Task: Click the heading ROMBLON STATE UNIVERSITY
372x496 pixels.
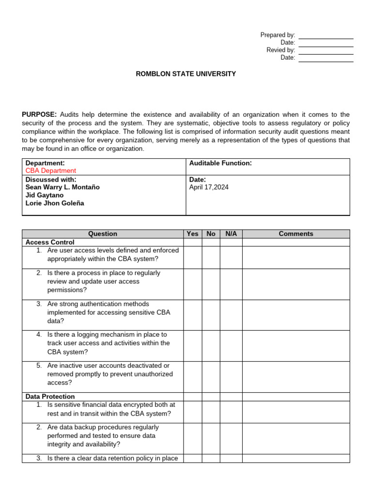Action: [x=186, y=74]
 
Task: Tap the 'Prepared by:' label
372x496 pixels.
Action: [x=278, y=35]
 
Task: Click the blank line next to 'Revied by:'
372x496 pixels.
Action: [x=326, y=50]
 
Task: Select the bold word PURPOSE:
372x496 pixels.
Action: [x=39, y=114]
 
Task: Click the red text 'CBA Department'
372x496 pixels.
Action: [x=51, y=170]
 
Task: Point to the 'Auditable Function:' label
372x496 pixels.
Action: [x=220, y=163]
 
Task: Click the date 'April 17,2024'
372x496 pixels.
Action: [x=209, y=187]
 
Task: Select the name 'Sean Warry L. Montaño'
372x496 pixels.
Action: [x=62, y=187]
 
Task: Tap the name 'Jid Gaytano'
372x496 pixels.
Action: [x=44, y=195]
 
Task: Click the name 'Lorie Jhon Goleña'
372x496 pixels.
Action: [x=55, y=203]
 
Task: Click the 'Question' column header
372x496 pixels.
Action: [x=103, y=233]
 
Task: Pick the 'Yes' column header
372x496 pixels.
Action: [x=192, y=233]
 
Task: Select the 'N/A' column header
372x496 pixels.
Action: [x=231, y=233]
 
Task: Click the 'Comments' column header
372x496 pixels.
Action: [x=296, y=233]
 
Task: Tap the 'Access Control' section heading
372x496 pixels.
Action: [x=50, y=242]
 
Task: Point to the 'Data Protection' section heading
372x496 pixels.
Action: [x=50, y=396]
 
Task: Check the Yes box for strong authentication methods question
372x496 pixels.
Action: [x=192, y=315]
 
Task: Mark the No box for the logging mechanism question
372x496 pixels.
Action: [x=211, y=346]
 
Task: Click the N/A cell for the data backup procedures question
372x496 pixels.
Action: [x=231, y=438]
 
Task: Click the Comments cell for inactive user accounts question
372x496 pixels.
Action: [x=296, y=377]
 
